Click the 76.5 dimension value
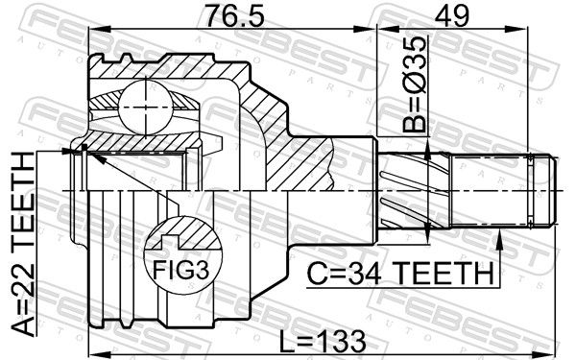click(x=234, y=16)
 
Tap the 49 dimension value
click(x=451, y=16)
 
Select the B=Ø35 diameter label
click(x=415, y=84)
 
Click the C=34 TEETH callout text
click(x=400, y=273)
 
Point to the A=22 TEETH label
click(x=23, y=244)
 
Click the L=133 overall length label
click(x=323, y=341)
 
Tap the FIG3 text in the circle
click(x=180, y=271)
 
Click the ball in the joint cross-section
click(x=146, y=108)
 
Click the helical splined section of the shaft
click(x=414, y=190)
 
